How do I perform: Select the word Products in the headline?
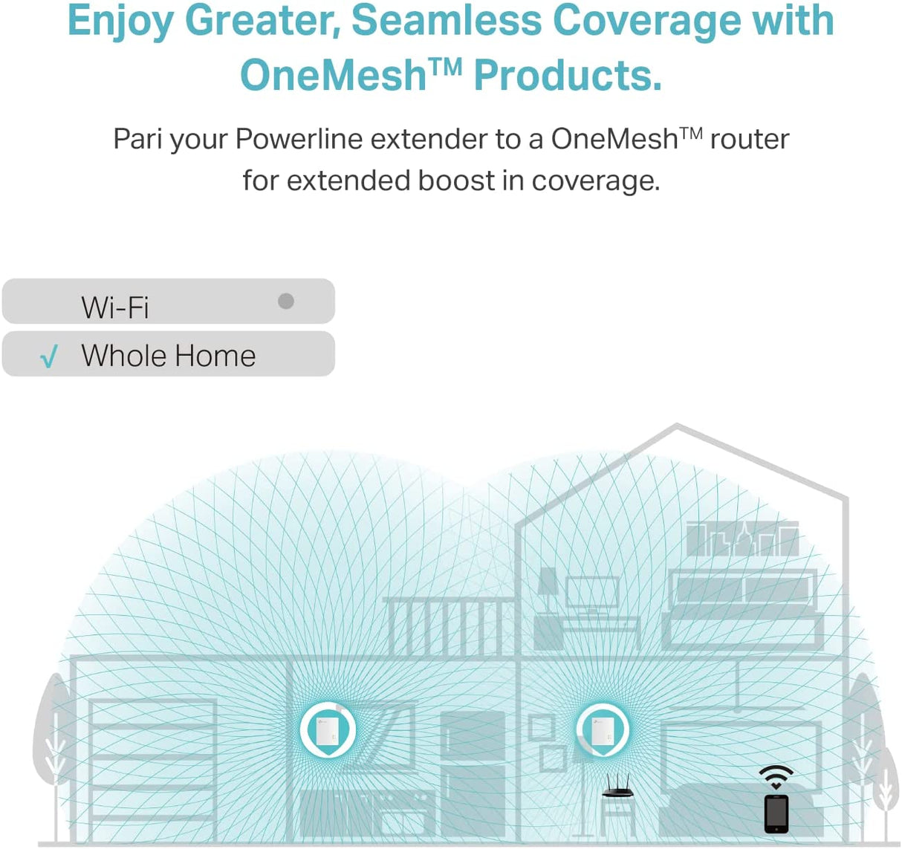pos(567,75)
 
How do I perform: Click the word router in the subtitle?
pos(749,139)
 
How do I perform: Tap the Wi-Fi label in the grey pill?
pos(115,307)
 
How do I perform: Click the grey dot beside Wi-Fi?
pos(286,301)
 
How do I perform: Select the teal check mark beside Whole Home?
pos(49,357)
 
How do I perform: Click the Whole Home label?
pos(169,356)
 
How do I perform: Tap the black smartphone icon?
pos(776,813)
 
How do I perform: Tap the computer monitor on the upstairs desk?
pos(592,593)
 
